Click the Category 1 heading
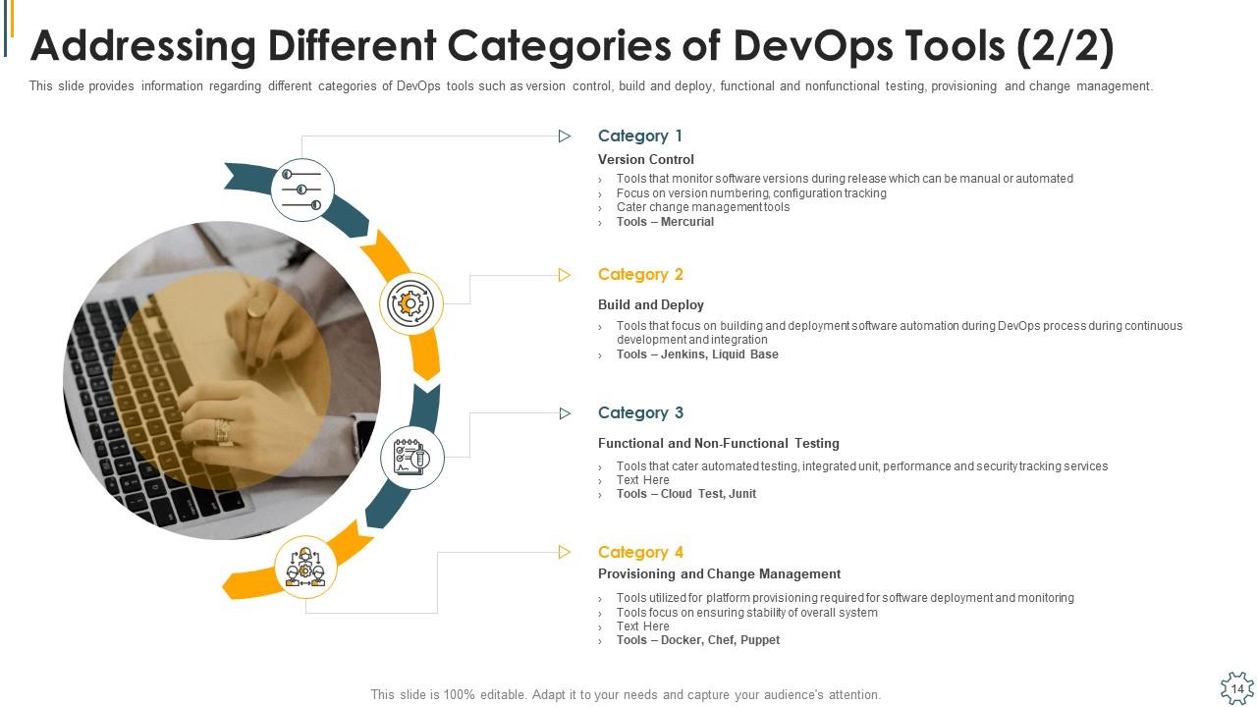point(639,136)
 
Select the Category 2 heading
point(640,275)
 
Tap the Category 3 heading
point(640,413)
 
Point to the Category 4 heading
point(640,553)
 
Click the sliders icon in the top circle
point(302,190)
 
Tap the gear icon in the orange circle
point(410,304)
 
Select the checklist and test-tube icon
point(411,458)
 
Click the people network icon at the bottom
point(305,568)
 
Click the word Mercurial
point(687,222)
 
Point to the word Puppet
point(760,640)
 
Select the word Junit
point(742,494)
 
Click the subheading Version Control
point(646,159)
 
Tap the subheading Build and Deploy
point(651,305)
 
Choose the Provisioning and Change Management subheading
point(719,574)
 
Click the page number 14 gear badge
point(1236,688)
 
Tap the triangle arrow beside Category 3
point(565,413)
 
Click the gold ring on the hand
point(256,310)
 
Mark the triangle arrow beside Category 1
point(565,136)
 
